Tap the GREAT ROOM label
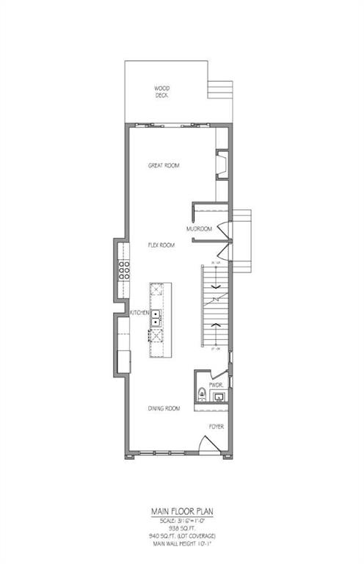163,165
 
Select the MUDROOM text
199,229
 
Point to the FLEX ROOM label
160,245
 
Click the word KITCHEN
140,314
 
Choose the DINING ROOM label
164,408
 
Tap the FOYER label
216,426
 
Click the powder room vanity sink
217,397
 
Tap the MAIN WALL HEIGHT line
181,543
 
